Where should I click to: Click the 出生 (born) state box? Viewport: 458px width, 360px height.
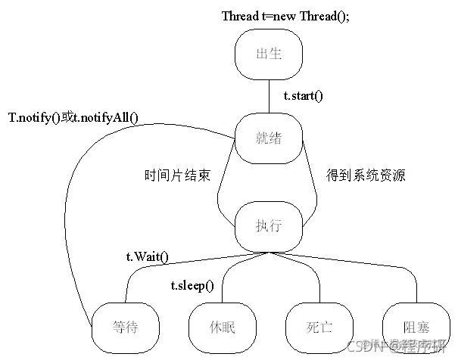click(269, 55)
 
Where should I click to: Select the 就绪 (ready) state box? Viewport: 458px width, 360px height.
click(269, 138)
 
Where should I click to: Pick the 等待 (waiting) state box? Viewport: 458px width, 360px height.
click(126, 327)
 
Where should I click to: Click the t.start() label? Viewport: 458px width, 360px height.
click(303, 96)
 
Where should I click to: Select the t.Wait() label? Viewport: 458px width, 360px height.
click(147, 257)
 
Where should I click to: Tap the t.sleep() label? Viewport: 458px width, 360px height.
click(192, 285)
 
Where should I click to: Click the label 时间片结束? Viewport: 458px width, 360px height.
click(177, 175)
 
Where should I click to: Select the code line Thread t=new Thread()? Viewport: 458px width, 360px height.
click(285, 16)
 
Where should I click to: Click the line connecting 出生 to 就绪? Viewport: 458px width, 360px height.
click(269, 96)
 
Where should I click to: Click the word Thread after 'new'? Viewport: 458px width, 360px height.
click(324, 16)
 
